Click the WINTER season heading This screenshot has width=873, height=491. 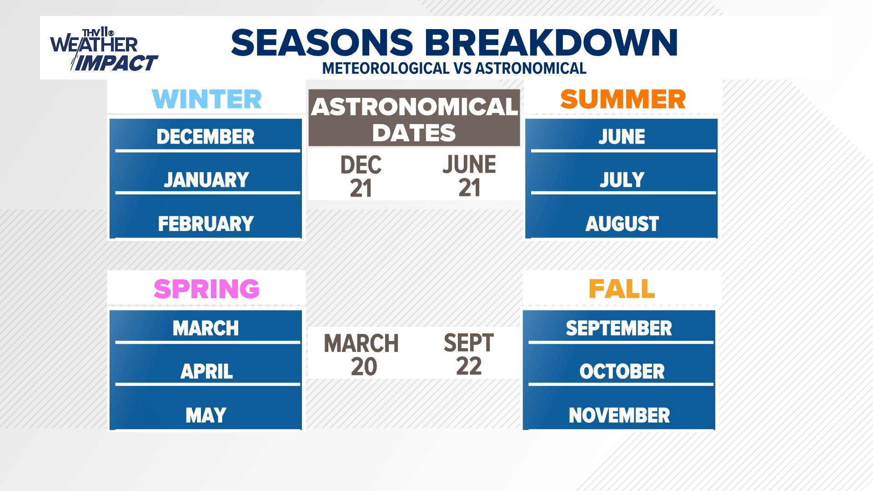point(207,99)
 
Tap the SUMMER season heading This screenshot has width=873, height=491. point(622,99)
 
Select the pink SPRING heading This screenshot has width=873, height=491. point(207,289)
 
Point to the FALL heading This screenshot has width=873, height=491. point(622,289)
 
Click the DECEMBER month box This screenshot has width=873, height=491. point(206,136)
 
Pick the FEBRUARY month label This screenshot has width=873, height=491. point(206,224)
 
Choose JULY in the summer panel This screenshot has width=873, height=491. point(622,180)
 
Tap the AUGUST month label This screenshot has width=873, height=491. point(622,224)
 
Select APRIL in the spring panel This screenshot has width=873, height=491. point(206,371)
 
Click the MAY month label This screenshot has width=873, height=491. point(206,415)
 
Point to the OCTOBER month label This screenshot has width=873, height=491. point(622,371)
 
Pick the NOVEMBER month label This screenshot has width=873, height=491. point(619,415)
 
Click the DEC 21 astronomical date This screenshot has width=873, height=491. point(361,176)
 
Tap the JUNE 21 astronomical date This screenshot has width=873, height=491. point(469,176)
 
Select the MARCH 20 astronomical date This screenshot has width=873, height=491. point(362,355)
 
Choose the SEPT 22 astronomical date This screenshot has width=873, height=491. point(469,355)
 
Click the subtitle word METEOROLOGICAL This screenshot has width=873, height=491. point(386,69)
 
